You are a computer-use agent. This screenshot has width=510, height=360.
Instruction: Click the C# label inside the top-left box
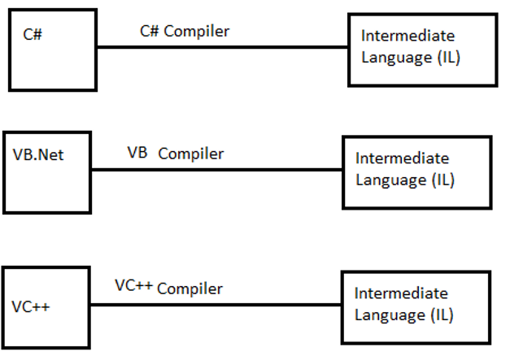pyautogui.click(x=33, y=35)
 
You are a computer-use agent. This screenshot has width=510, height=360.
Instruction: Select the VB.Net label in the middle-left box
pyautogui.click(x=38, y=154)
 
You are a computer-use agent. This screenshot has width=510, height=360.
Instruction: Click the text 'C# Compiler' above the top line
pyautogui.click(x=185, y=32)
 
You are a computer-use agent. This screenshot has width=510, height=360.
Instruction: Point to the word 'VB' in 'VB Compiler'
pyautogui.click(x=137, y=153)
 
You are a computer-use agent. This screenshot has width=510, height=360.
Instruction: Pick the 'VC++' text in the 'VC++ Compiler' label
pyautogui.click(x=133, y=285)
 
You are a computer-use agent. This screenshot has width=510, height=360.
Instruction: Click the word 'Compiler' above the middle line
pyautogui.click(x=190, y=154)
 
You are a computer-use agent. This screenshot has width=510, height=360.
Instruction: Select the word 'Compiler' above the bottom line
pyautogui.click(x=190, y=288)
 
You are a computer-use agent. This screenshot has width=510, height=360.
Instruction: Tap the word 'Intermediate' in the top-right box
pyautogui.click(x=408, y=37)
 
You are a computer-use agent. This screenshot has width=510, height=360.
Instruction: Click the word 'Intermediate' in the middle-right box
pyautogui.click(x=402, y=158)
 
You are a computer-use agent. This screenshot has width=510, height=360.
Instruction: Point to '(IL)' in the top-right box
pyautogui.click(x=446, y=58)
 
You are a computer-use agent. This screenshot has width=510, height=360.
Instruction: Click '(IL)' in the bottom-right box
pyautogui.click(x=440, y=314)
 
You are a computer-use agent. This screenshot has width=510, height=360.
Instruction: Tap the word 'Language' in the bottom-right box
pyautogui.click(x=387, y=315)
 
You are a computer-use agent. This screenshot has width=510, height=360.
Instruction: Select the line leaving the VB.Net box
pyautogui.click(x=216, y=170)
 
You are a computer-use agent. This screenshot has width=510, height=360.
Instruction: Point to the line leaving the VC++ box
pyautogui.click(x=216, y=305)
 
